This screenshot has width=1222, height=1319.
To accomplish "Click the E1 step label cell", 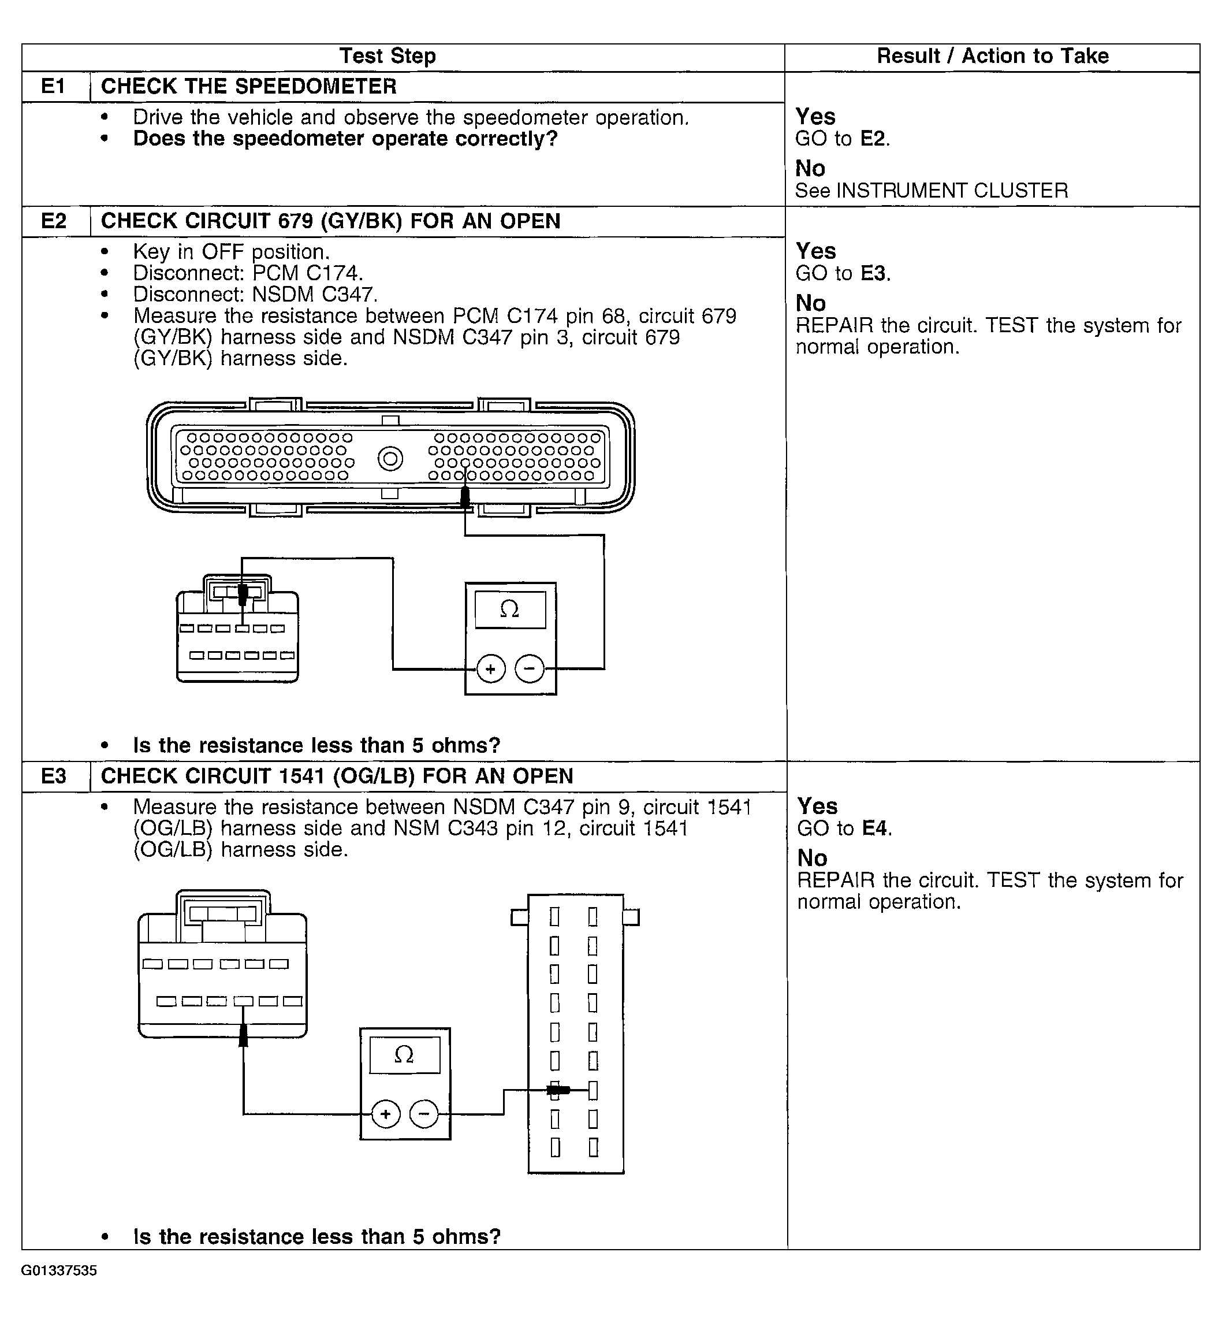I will (54, 87).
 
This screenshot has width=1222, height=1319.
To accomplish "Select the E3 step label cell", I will (54, 776).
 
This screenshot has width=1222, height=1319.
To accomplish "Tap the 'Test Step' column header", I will (388, 56).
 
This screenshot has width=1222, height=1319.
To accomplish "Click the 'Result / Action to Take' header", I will (993, 56).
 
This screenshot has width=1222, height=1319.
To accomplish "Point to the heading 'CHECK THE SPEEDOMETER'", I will (249, 87).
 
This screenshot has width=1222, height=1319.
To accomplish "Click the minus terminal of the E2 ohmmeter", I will (529, 669).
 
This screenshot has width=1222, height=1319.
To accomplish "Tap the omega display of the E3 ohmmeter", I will (404, 1055).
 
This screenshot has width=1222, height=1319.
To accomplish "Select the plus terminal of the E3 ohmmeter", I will (386, 1114).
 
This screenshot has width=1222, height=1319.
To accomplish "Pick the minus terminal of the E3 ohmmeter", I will (424, 1114).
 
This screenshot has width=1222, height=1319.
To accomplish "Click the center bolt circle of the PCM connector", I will (390, 458).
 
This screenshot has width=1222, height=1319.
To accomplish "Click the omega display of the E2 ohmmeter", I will (510, 609).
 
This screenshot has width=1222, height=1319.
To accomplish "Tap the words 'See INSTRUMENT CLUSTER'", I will (931, 191).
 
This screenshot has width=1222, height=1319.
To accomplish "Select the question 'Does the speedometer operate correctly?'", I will (345, 139).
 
